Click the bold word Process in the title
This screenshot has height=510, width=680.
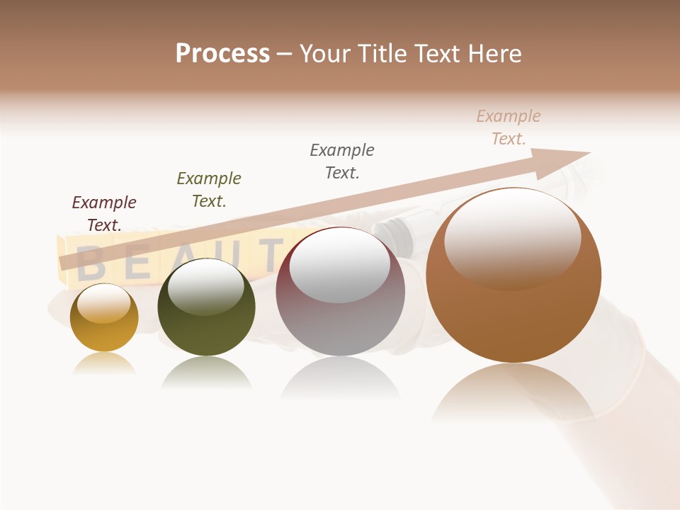(222, 53)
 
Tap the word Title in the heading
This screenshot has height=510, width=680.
(381, 53)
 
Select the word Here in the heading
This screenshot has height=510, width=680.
(495, 53)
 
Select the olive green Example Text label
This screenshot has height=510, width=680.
(209, 190)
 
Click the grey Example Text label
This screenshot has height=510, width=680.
(342, 161)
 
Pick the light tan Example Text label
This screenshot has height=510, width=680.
(509, 127)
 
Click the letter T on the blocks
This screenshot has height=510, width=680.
(270, 254)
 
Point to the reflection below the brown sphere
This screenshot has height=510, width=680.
(514, 393)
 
